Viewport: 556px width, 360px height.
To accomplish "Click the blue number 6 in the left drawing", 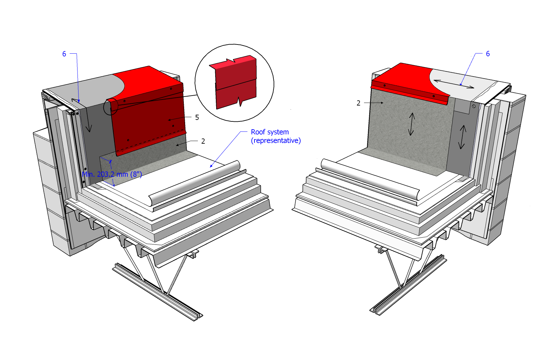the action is point(64,54).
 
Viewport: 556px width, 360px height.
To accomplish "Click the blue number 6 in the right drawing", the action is point(488,54).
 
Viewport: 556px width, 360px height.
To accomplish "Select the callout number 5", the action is point(197,117).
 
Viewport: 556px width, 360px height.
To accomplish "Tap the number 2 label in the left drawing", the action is point(203,141).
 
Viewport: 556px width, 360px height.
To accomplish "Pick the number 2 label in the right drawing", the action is point(358,103).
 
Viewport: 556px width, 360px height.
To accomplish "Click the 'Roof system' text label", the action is point(269,132).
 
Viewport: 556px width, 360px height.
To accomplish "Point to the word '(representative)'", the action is point(276,141).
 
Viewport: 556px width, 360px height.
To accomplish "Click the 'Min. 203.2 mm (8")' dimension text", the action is point(112,174).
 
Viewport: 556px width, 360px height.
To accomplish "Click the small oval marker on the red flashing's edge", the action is point(111,107).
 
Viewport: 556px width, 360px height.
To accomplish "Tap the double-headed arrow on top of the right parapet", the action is point(454,84).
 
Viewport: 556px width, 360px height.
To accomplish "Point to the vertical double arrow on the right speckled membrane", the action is point(411,124).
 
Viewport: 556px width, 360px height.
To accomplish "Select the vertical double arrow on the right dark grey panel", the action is point(462,137).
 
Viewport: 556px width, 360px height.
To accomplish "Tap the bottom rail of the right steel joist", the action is point(408,285).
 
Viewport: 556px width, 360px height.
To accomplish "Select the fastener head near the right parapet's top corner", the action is point(474,106).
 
